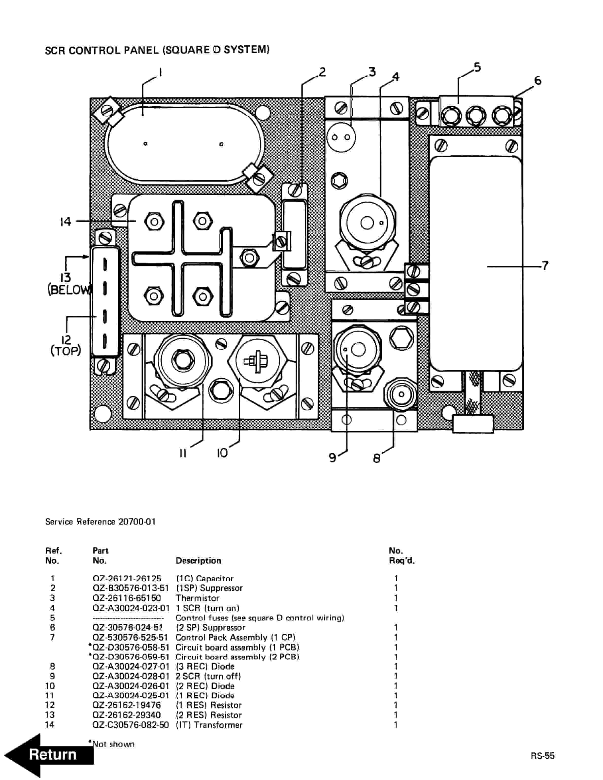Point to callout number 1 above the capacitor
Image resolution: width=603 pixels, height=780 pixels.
pyautogui.click(x=160, y=72)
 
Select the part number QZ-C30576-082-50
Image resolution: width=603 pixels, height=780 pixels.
pyautogui.click(x=130, y=725)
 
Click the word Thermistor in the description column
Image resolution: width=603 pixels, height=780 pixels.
pyautogui.click(x=197, y=598)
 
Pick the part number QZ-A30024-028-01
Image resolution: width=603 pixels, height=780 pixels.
pyautogui.click(x=130, y=676)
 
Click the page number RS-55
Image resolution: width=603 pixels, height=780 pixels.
pyautogui.click(x=542, y=756)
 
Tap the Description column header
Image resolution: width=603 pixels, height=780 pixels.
pyautogui.click(x=198, y=561)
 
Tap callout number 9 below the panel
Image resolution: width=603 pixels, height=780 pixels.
pyautogui.click(x=333, y=457)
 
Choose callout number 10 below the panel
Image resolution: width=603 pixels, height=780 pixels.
pyautogui.click(x=222, y=453)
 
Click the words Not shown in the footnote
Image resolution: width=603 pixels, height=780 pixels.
pyautogui.click(x=113, y=744)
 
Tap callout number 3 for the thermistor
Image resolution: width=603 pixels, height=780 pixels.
pyautogui.click(x=372, y=72)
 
